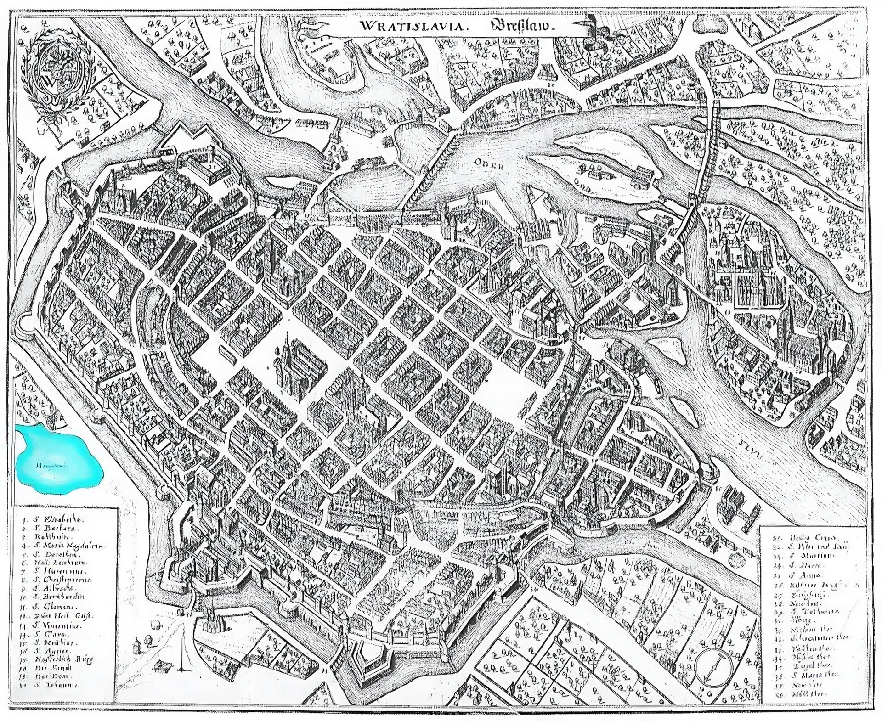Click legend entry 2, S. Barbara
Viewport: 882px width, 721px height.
pyautogui.click(x=53, y=529)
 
